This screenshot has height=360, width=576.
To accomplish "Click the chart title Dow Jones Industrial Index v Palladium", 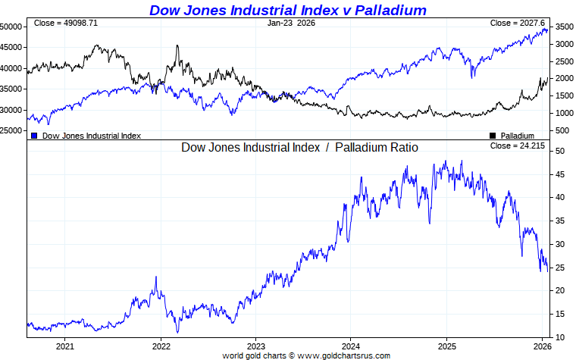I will [287, 10].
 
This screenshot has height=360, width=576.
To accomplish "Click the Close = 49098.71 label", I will [65, 23].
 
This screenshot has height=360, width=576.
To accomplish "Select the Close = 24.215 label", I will [518, 146].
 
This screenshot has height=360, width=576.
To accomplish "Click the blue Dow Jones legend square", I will [34, 136].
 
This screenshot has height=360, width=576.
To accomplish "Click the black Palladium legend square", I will [493, 136].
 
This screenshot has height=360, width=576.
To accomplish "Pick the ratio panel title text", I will [299, 147].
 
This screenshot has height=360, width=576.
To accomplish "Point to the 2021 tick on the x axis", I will [65, 346].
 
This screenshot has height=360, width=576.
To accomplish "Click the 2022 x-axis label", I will [161, 346].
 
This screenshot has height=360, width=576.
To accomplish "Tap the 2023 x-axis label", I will [255, 346].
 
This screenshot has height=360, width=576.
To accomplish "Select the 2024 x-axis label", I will [350, 346].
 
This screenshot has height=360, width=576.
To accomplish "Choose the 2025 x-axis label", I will [446, 346].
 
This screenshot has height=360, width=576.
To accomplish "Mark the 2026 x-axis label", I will [540, 346].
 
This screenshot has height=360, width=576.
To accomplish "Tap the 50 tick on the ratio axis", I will [559, 151].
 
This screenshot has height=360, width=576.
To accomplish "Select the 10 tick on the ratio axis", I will [559, 337].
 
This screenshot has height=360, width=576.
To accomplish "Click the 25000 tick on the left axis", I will [11, 130].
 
